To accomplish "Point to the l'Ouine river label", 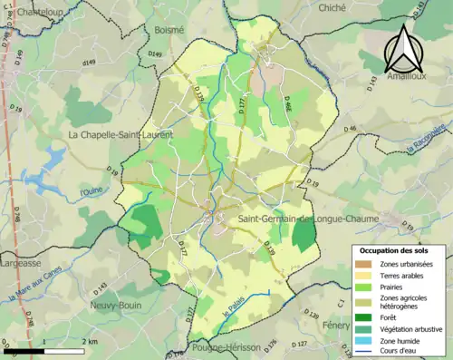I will [x=92, y=192].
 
